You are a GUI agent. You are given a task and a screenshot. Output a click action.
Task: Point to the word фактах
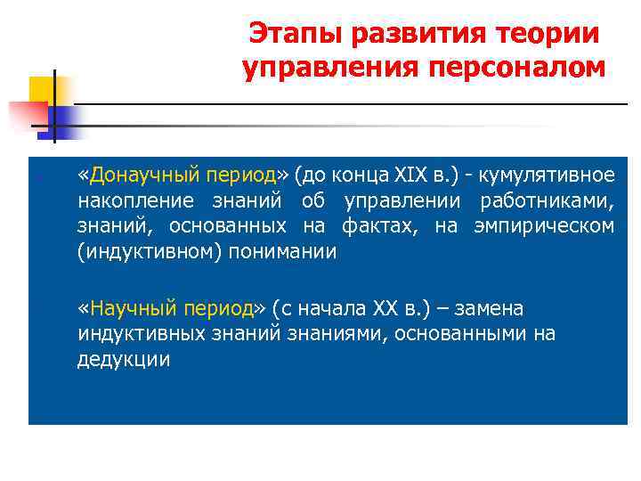[380, 224]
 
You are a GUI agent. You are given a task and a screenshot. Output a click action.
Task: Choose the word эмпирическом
[546, 224]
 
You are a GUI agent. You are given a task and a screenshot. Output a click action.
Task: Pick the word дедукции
[122, 360]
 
